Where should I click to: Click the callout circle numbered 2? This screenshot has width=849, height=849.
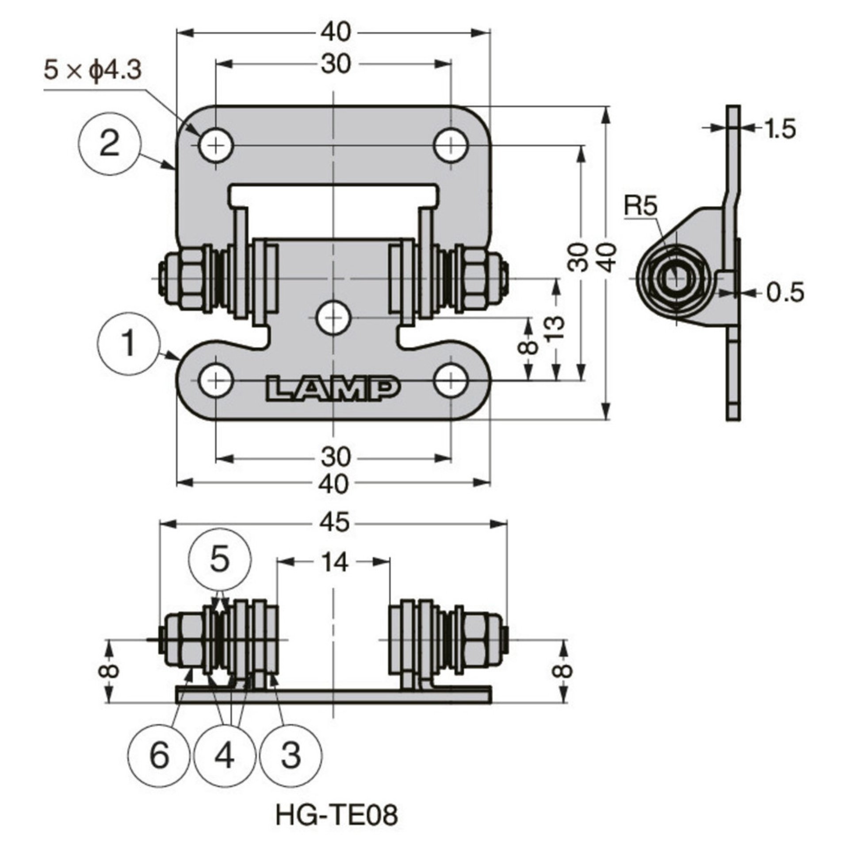click(109, 145)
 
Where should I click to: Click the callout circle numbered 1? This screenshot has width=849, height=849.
click(129, 344)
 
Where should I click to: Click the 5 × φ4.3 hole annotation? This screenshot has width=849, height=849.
click(92, 71)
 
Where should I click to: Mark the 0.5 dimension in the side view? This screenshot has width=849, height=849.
click(785, 292)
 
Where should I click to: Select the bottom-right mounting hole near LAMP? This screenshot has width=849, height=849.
click(451, 380)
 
